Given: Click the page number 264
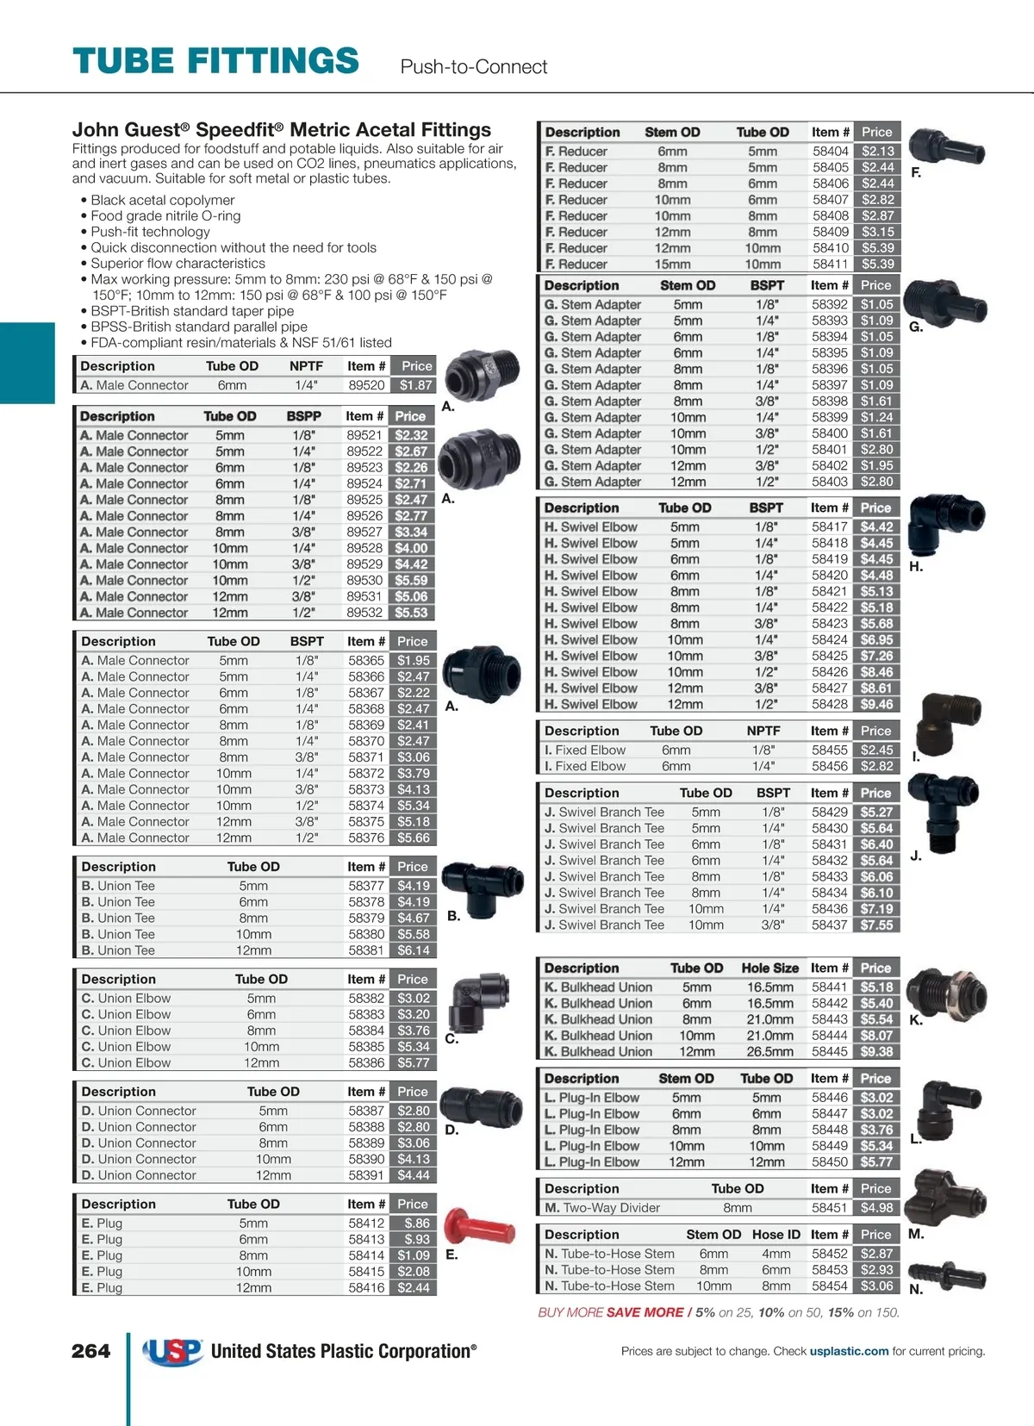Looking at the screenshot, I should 90,1351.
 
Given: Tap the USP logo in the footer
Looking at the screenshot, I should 173,1352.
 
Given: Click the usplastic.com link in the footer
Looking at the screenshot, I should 849,1351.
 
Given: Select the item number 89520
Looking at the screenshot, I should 366,385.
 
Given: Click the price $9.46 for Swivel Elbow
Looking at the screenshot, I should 876,704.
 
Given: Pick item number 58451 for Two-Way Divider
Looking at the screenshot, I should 830,1208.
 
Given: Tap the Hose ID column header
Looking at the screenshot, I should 775,1234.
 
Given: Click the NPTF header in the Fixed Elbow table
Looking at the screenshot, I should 763,731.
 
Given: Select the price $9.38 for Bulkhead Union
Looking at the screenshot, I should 876,1051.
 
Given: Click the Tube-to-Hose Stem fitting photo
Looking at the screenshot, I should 946,1273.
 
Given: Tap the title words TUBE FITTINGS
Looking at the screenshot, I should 215,62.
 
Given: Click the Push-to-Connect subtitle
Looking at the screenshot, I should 474,67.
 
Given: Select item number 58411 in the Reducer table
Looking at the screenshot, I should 830,265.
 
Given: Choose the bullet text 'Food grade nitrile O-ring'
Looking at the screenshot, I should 165,216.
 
